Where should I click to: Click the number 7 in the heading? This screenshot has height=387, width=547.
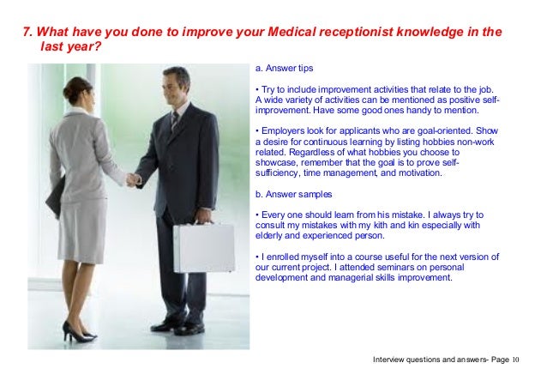pos(26,33)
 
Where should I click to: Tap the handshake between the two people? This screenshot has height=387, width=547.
pos(133,180)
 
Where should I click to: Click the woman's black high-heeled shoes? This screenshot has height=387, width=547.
pos(77,331)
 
